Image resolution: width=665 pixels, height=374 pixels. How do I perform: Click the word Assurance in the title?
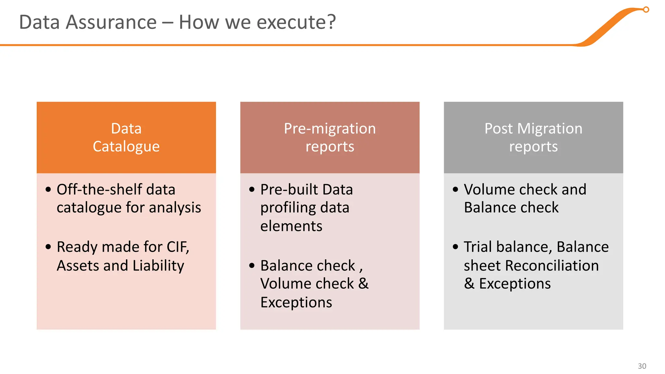111,22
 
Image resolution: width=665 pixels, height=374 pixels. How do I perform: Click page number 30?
642,366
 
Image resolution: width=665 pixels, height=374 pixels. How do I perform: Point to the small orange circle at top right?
646,10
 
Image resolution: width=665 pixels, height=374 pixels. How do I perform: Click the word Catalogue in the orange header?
126,146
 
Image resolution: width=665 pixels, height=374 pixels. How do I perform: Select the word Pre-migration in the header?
330,129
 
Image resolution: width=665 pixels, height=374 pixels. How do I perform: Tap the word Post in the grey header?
498,129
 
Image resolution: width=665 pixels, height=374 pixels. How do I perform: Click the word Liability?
158,266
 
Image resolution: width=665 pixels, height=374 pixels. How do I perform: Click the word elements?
291,226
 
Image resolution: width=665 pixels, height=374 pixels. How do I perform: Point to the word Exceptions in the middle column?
296,303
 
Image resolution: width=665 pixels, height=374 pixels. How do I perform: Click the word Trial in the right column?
478,247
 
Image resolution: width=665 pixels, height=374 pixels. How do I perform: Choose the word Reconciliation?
552,266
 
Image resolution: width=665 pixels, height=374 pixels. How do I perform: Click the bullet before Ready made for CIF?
48,247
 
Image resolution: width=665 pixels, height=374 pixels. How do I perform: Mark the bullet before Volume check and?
455,189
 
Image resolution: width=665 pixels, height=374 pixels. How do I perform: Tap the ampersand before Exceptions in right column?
469,284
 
